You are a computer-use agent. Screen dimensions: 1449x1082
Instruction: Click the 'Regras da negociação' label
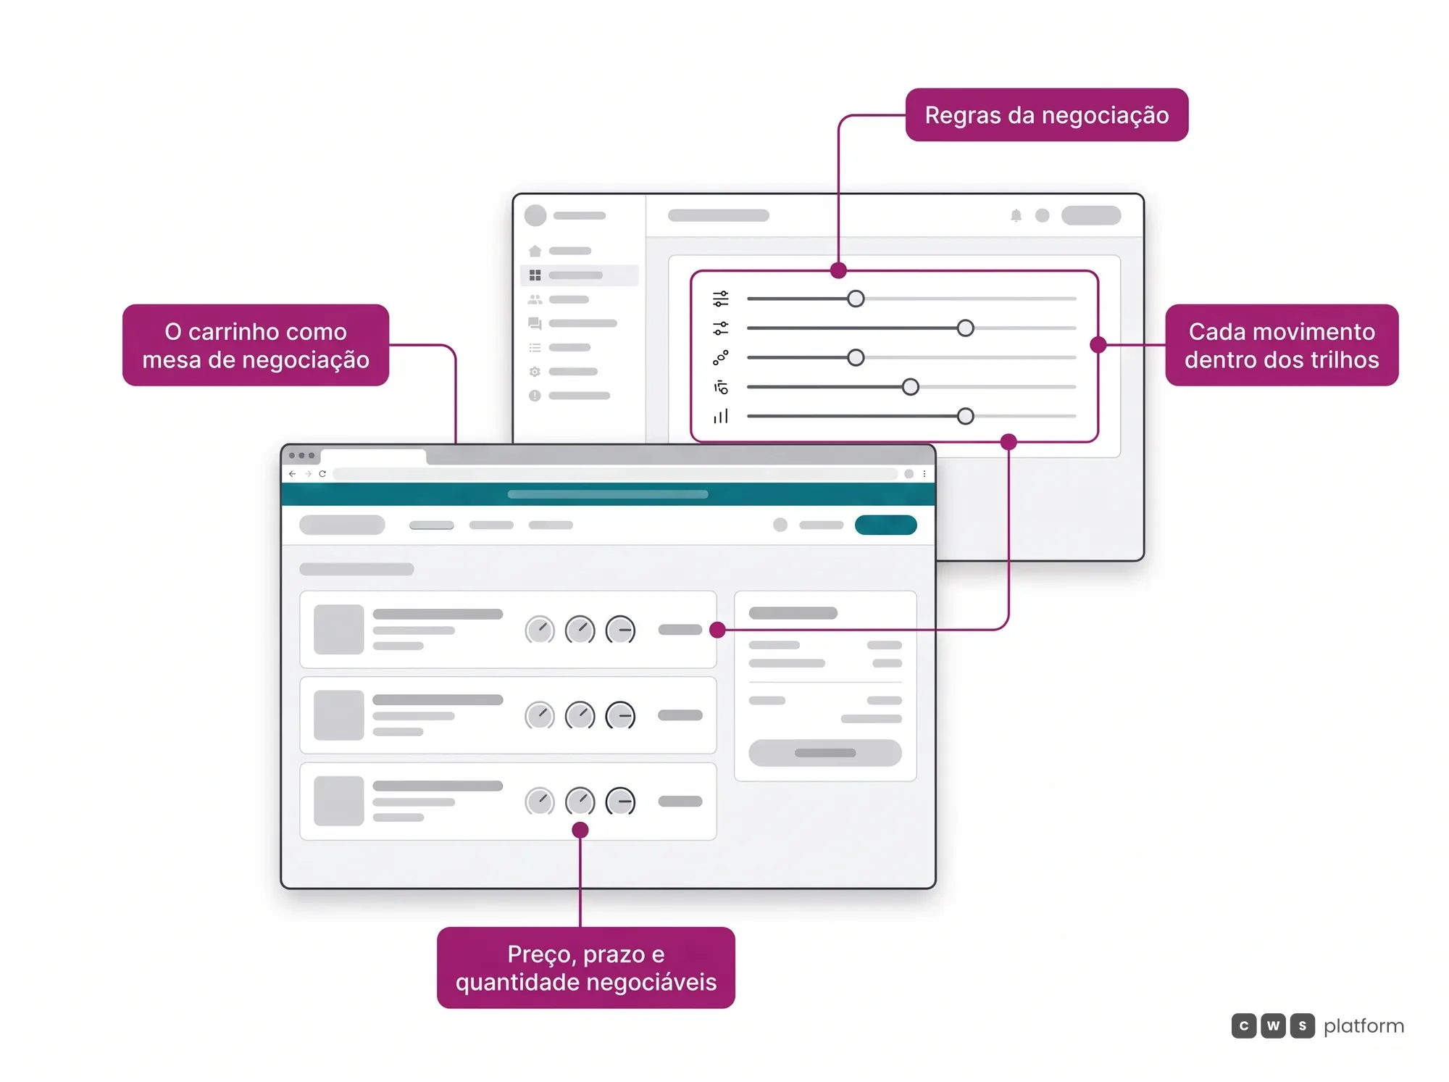pyautogui.click(x=1046, y=115)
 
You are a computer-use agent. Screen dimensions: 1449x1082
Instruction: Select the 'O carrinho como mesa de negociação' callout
pyautogui.click(x=256, y=345)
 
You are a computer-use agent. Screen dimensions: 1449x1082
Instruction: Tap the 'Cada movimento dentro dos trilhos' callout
pyautogui.click(x=1282, y=345)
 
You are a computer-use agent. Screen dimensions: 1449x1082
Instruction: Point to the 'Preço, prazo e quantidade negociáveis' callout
pyautogui.click(x=585, y=967)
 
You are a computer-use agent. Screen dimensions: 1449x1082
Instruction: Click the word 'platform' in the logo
pyautogui.click(x=1364, y=1025)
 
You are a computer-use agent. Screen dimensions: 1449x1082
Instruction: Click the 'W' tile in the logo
pyautogui.click(x=1273, y=1025)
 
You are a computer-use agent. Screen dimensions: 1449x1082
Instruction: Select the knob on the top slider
pyautogui.click(x=856, y=299)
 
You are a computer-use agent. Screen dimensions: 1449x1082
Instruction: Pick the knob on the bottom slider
pyautogui.click(x=965, y=416)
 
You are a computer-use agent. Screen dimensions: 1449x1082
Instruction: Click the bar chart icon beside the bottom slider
pyautogui.click(x=720, y=416)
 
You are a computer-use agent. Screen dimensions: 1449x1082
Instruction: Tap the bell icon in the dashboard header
pyautogui.click(x=1016, y=215)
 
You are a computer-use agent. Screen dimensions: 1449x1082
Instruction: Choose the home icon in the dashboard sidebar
pyautogui.click(x=535, y=251)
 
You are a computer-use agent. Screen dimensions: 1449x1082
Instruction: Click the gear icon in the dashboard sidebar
pyautogui.click(x=535, y=372)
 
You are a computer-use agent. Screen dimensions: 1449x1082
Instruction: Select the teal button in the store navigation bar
pyautogui.click(x=885, y=525)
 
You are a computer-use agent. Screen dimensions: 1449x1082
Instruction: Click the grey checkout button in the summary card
pyautogui.click(x=824, y=753)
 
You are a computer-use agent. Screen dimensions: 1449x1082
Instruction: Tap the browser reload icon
pyautogui.click(x=322, y=474)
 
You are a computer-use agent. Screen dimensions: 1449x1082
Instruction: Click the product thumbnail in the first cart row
pyautogui.click(x=338, y=629)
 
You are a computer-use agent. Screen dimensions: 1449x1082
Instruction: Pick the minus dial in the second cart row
pyautogui.click(x=620, y=715)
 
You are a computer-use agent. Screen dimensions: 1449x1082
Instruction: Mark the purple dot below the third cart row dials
pyautogui.click(x=580, y=830)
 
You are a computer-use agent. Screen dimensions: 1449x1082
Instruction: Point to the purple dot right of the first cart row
pyautogui.click(x=717, y=630)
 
